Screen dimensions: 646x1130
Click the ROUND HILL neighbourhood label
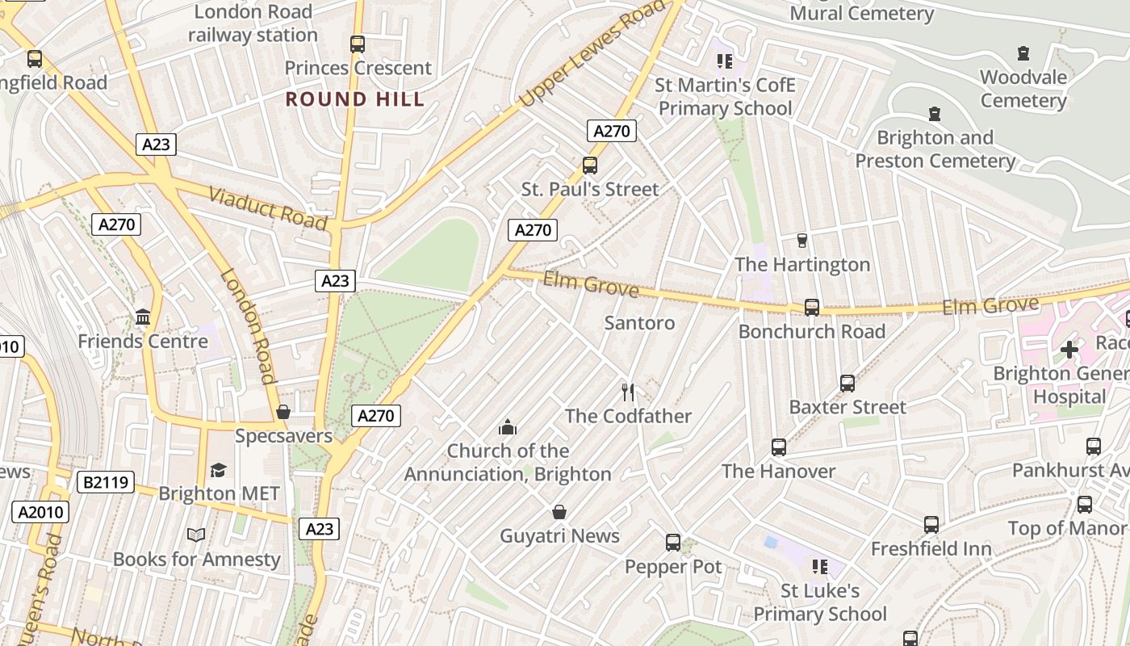click(x=355, y=99)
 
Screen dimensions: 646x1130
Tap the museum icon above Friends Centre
click(x=144, y=317)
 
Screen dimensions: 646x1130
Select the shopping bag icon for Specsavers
click(x=283, y=412)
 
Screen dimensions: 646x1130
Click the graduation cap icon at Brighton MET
click(x=218, y=470)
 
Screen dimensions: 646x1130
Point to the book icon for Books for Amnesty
click(x=196, y=535)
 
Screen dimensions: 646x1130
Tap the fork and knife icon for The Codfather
click(x=628, y=392)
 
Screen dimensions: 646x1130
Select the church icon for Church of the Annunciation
click(x=508, y=426)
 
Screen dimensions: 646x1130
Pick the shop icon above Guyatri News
click(x=559, y=512)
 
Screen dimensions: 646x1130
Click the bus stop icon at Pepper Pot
click(x=673, y=543)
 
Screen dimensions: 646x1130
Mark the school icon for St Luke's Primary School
click(x=820, y=567)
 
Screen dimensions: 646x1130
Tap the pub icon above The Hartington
click(x=801, y=240)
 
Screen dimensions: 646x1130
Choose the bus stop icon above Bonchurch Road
click(x=812, y=308)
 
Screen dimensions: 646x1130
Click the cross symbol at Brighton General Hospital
click(x=1069, y=350)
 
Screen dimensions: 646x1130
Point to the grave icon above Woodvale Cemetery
click(x=1023, y=53)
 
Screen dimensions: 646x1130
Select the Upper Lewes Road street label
click(x=592, y=54)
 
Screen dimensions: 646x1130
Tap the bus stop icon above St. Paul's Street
click(x=590, y=166)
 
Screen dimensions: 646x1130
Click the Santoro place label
click(x=639, y=323)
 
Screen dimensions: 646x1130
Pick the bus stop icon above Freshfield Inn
click(x=931, y=525)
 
